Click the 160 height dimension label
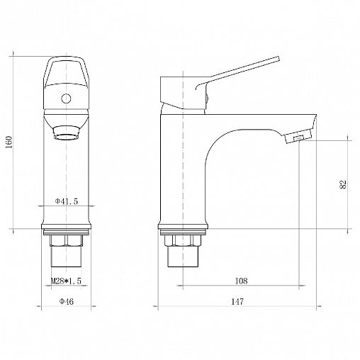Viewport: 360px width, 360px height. click(x=9, y=142)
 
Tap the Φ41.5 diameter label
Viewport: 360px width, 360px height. click(x=67, y=201)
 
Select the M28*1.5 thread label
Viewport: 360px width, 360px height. click(x=66, y=281)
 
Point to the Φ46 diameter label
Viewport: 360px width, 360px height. click(x=67, y=301)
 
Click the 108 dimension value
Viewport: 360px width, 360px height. click(x=241, y=281)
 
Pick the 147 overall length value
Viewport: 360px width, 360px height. click(x=237, y=302)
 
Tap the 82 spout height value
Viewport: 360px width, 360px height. click(x=343, y=184)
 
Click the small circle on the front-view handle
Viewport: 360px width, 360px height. click(x=66, y=99)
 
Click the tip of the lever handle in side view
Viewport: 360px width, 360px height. click(x=279, y=59)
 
